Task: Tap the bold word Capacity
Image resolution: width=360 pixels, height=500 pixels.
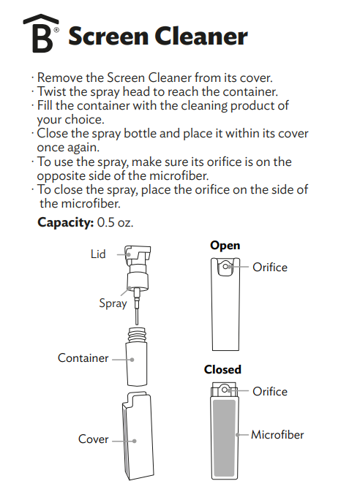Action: [x=65, y=221]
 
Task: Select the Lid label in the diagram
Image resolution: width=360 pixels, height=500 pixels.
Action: [x=98, y=254]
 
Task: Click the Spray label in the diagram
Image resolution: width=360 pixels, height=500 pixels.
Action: [x=113, y=303]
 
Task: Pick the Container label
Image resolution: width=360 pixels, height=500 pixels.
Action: [x=83, y=358]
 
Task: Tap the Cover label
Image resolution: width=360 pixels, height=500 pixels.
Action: [x=93, y=439]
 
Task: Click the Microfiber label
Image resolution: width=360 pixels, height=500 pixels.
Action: [x=277, y=434]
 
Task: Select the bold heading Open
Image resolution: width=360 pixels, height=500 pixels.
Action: [x=225, y=246]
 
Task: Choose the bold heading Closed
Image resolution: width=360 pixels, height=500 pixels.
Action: [x=222, y=370]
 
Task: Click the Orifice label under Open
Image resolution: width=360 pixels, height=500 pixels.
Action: [x=270, y=267]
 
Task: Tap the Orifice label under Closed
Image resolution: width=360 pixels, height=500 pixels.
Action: [x=270, y=391]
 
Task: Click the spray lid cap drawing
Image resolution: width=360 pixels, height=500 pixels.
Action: [x=137, y=257]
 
